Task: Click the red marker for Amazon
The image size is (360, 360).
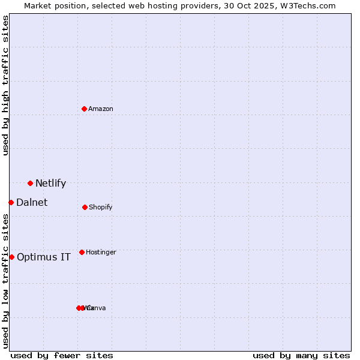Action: [x=85, y=109]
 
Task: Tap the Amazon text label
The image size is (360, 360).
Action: [x=101, y=109]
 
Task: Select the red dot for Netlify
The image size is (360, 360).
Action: [x=30, y=183]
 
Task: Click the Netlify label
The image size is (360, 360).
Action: [x=50, y=184]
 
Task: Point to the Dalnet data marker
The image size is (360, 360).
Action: [x=11, y=202]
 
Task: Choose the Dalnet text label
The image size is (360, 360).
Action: [x=32, y=203]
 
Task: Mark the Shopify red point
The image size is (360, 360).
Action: [x=85, y=207]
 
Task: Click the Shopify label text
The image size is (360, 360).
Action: [x=101, y=208]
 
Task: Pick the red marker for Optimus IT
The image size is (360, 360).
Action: [x=11, y=257]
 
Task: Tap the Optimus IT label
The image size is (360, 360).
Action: [x=44, y=257]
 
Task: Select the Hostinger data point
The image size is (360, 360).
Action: [x=82, y=252]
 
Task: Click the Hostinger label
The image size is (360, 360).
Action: [x=101, y=253]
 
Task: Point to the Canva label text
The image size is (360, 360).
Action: [x=97, y=308]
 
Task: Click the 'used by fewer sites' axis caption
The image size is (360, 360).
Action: [x=62, y=355]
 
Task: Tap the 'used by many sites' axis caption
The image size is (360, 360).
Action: [x=301, y=355]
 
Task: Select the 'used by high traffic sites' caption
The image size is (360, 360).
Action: [x=6, y=85]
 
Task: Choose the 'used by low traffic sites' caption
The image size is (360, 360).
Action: [x=6, y=281]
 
